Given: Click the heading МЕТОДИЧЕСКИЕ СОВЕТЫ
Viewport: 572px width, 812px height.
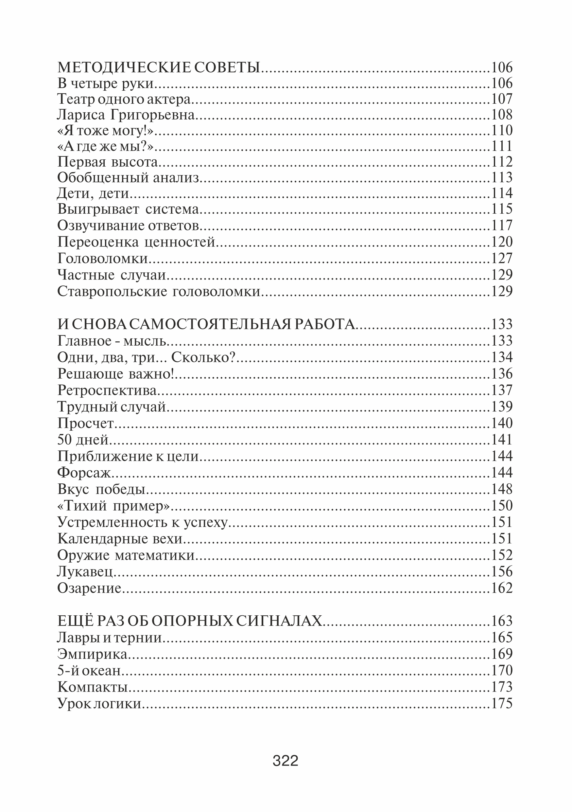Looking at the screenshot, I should click(x=159, y=67).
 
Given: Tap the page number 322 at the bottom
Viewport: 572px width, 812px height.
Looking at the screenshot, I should click(x=286, y=760).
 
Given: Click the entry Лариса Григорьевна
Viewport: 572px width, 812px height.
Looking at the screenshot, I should click(x=126, y=115).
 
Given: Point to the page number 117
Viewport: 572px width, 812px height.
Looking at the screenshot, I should click(x=502, y=225).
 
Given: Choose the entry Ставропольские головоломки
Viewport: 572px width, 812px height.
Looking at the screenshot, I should click(x=159, y=292).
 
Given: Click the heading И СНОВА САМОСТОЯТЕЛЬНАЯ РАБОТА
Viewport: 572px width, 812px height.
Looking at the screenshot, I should click(x=206, y=324).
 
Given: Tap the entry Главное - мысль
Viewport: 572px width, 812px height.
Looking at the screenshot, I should click(x=112, y=341).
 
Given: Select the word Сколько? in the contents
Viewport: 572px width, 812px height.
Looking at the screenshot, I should click(x=203, y=357).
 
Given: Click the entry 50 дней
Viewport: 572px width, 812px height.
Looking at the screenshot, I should click(x=83, y=440).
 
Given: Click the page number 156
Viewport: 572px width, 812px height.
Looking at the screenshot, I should click(x=502, y=572).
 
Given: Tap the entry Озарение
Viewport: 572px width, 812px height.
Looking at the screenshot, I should click(x=89, y=588).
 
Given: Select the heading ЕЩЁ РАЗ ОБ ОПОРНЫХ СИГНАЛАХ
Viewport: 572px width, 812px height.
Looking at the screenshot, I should click(x=190, y=621).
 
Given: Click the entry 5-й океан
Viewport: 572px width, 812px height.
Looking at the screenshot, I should click(x=89, y=671).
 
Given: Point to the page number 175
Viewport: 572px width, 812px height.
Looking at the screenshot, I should click(x=502, y=703).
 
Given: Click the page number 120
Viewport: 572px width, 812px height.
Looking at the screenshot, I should click(x=502, y=242).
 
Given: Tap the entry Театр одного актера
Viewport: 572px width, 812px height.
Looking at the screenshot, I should click(x=124, y=99).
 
